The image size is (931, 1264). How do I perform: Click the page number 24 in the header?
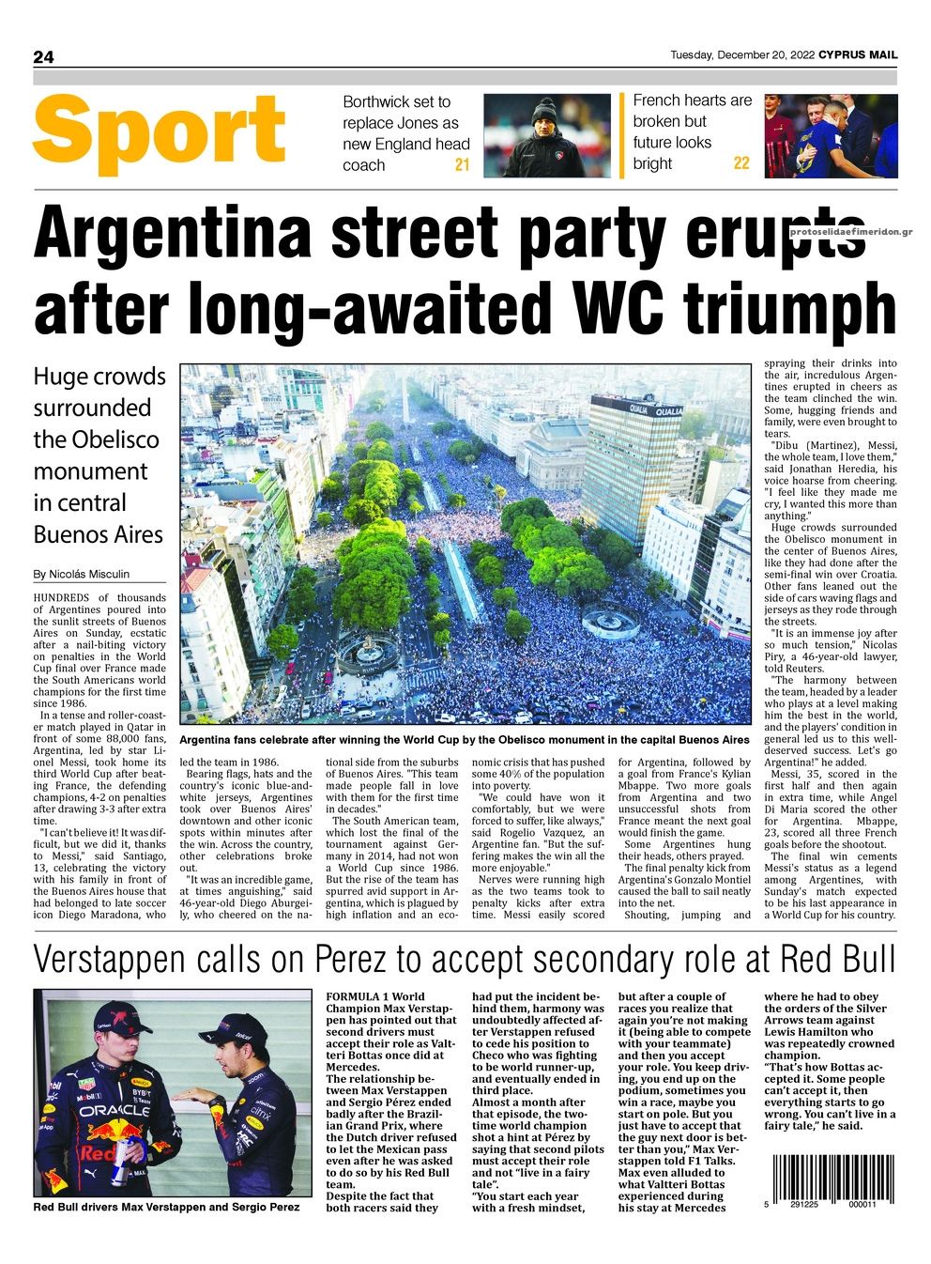[x=43, y=57]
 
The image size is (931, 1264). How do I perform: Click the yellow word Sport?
[x=159, y=131]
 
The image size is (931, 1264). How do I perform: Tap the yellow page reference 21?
[x=462, y=165]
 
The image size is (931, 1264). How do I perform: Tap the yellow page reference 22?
[x=741, y=163]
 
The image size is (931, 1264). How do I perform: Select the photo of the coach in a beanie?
[x=546, y=135]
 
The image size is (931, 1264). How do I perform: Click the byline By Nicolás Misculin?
[x=82, y=574]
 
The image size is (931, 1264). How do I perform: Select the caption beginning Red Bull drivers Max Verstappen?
[x=166, y=1207]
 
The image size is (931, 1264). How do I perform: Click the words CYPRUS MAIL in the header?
[x=857, y=55]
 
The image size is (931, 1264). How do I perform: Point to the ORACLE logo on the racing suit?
[x=113, y=1110]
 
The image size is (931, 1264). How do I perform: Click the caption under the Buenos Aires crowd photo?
[x=465, y=740]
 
